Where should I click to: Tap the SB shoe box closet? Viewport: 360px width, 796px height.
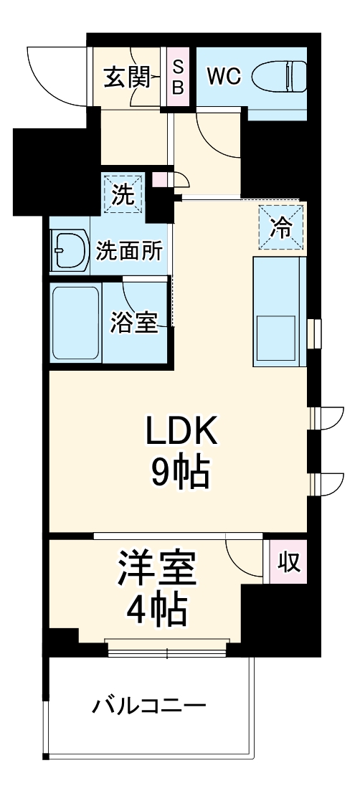179,77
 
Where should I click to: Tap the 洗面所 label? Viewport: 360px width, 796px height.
129,251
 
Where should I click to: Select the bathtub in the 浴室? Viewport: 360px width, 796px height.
75,322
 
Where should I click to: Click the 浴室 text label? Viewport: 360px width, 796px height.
133,323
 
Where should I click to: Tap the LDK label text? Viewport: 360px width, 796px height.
181,432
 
